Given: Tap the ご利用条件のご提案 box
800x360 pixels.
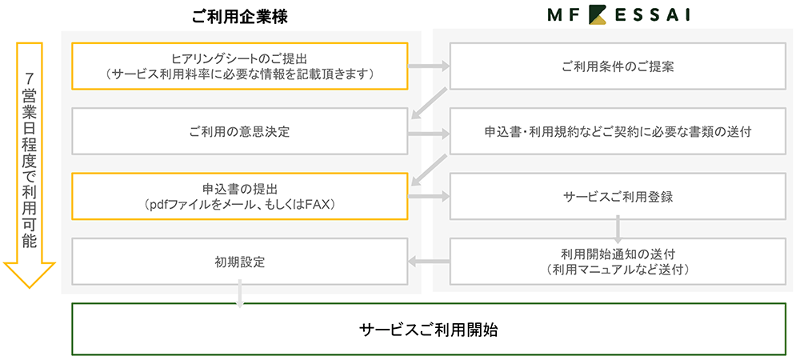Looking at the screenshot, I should pyautogui.click(x=617, y=66).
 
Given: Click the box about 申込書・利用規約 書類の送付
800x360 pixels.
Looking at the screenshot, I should pyautogui.click(x=617, y=131).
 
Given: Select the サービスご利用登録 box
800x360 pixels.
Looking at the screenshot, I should pyautogui.click(x=617, y=196).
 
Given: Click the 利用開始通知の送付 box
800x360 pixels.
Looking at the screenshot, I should pyautogui.click(x=617, y=261).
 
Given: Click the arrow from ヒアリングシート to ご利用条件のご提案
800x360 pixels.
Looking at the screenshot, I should pyautogui.click(x=429, y=66).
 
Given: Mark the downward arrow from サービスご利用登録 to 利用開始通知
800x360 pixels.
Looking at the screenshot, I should pyautogui.click(x=618, y=229).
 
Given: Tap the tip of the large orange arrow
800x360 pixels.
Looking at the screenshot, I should pyautogui.click(x=28, y=286).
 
